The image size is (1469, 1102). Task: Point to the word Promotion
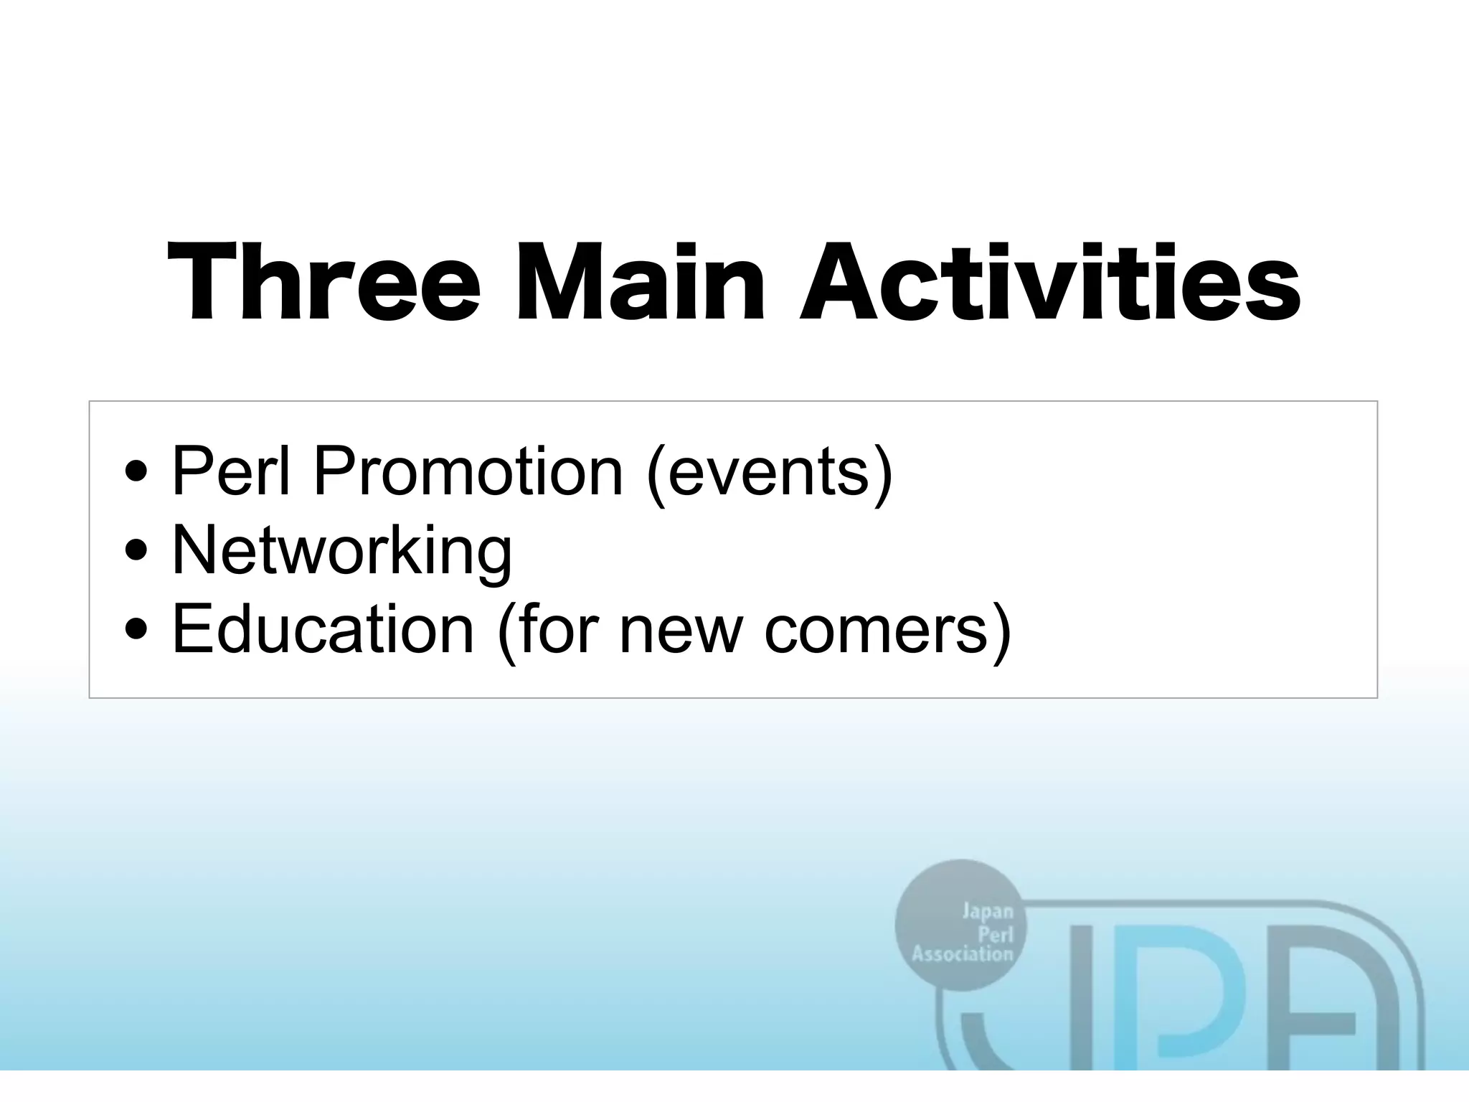click(468, 471)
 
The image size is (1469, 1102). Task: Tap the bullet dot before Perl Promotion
click(136, 473)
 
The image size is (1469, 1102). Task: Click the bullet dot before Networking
click(136, 552)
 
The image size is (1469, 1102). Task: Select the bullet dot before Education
click(136, 630)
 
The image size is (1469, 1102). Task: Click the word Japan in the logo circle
click(987, 912)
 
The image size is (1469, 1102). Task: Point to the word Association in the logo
click(962, 954)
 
